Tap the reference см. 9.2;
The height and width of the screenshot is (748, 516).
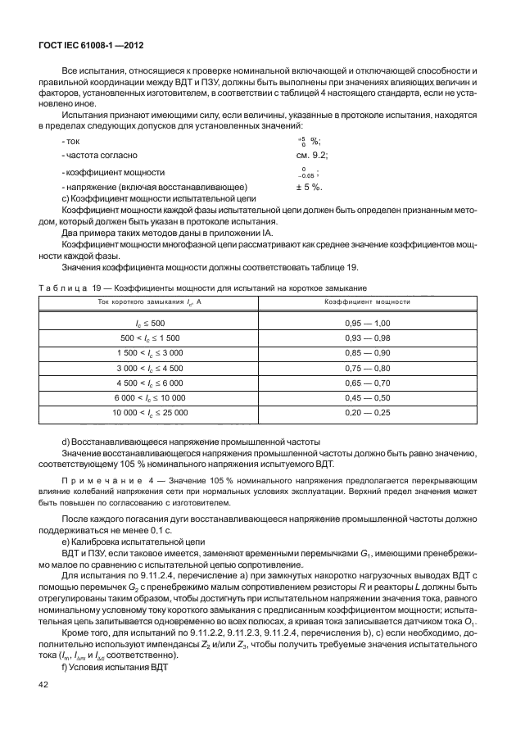[x=313, y=154]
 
